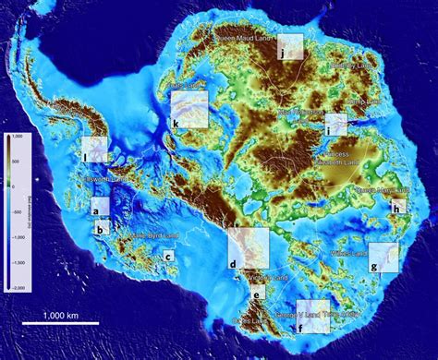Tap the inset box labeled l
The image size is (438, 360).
pyautogui.click(x=94, y=149)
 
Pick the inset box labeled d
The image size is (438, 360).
pyautogui.click(x=248, y=247)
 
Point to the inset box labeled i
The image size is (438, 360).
pyautogui.click(x=335, y=124)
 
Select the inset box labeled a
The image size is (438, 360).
pyautogui.click(x=99, y=206)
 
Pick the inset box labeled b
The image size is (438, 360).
pyautogui.click(x=103, y=224)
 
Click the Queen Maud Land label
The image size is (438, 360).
pyautogui.click(x=248, y=39)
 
